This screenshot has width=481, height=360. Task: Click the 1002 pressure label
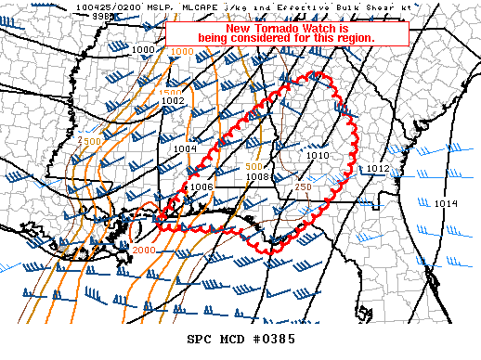coord(174,101)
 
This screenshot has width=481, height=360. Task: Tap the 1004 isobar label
coord(185,148)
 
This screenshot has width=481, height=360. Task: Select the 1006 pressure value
coord(201,186)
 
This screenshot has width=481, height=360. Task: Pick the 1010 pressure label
coord(318,155)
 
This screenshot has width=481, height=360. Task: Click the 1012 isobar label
coord(377,168)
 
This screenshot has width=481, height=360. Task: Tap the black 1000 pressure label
coord(144,49)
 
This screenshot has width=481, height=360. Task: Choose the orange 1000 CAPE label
coord(183,52)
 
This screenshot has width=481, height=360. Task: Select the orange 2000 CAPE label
coord(144,251)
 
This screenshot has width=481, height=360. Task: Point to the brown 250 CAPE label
coord(303,187)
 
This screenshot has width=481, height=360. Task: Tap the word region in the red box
coord(355,38)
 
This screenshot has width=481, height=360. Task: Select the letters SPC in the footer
coord(201,340)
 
